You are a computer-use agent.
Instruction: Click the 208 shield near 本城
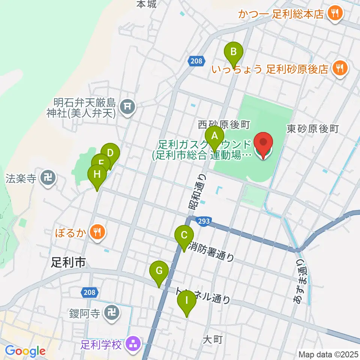(x=196, y=61)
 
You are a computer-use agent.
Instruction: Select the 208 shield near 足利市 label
(x=89, y=291)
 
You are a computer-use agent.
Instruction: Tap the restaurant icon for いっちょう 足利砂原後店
(x=340, y=68)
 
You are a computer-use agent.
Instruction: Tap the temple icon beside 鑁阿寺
(x=111, y=312)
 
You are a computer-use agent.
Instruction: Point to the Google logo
(x=25, y=351)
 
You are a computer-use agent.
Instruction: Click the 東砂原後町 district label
(x=312, y=129)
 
